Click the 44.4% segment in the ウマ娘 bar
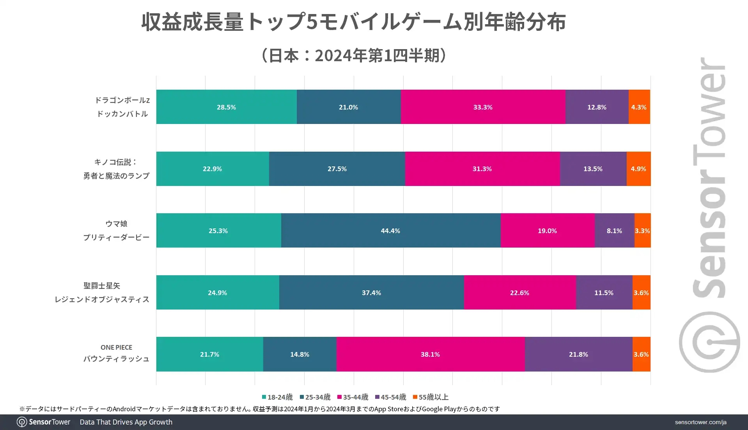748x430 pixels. pos(390,230)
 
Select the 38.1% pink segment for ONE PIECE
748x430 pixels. pos(430,354)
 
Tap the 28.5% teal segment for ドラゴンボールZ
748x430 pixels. pos(226,107)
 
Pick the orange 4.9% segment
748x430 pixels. pos(638,169)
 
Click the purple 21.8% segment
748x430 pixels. pos(578,354)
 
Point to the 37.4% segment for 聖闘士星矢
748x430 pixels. pos(371,292)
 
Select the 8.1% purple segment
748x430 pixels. pos(614,230)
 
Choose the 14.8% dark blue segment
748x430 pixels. pos(300,354)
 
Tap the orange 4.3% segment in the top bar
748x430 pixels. pos(639,107)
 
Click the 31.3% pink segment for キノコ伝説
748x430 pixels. pos(482,169)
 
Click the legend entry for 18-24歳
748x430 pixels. pos(277,397)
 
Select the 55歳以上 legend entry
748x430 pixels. pos(431,397)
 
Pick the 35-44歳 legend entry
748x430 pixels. pos(353,397)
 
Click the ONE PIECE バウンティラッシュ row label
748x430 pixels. pos(116,353)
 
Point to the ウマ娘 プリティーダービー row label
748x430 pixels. pos(116,230)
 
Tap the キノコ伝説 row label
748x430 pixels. pos(116,169)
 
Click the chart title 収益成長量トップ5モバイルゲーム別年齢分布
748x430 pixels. pos(353,22)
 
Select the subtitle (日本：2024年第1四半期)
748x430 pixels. pos(353,55)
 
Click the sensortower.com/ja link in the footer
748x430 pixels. pos(700,422)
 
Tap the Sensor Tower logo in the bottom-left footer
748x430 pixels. pos(44,422)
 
